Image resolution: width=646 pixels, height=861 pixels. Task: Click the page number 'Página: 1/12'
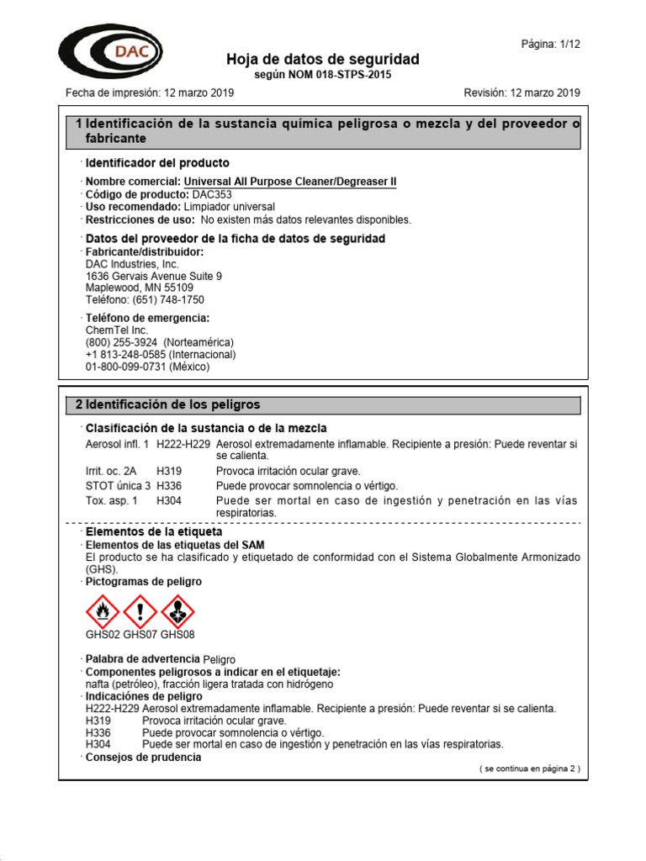click(551, 44)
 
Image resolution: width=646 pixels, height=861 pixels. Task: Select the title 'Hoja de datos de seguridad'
click(322, 59)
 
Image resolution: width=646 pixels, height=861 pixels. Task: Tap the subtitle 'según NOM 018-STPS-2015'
click(322, 75)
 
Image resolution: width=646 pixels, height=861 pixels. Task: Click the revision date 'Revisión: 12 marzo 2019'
click(522, 92)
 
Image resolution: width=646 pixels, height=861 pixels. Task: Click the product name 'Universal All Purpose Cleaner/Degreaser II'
click(290, 182)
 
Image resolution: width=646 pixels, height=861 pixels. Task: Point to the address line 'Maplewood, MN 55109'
click(139, 288)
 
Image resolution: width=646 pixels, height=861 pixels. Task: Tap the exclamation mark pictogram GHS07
click(140, 610)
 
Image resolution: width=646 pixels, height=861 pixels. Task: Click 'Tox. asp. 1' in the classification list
click(113, 500)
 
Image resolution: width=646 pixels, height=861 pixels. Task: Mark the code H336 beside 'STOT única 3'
click(169, 486)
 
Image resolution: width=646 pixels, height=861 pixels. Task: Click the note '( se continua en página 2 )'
click(529, 769)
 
